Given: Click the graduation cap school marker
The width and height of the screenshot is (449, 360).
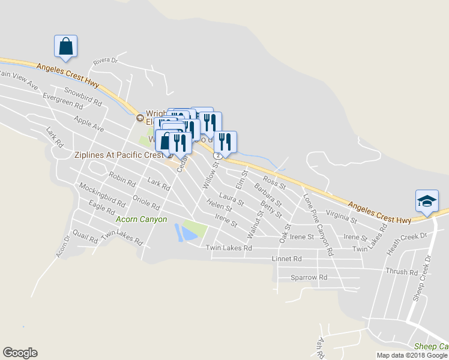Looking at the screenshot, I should (427, 200).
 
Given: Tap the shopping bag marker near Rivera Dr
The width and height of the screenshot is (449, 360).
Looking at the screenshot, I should (66, 46).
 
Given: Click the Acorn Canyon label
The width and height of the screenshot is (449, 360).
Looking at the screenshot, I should (141, 220).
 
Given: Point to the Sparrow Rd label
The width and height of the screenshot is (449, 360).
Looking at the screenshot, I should (309, 278).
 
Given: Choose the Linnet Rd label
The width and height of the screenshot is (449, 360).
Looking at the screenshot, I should (286, 259).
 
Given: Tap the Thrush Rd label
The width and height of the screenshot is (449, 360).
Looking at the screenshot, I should (402, 272).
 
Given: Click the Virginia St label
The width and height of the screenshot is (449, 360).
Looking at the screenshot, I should (341, 217).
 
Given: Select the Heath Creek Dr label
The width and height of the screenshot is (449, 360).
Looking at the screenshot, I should (407, 237).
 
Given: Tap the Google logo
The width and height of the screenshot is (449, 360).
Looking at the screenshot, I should (20, 353).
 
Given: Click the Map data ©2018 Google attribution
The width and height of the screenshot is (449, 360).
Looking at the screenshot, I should (412, 355).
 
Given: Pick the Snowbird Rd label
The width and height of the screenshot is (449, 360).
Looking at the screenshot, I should (83, 97).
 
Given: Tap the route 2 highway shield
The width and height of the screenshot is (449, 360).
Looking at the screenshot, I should (220, 155).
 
